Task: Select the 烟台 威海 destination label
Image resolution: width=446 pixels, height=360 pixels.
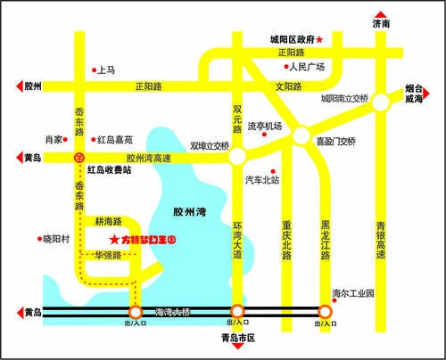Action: (x=413, y=94)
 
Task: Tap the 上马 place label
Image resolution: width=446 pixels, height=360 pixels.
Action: (x=106, y=68)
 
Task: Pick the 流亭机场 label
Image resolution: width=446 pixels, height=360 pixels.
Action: (x=265, y=127)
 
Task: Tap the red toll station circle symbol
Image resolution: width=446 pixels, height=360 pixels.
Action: (x=78, y=158)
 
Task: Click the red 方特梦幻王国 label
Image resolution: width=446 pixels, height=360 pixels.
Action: (x=148, y=239)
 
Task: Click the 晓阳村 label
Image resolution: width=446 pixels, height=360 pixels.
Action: (x=55, y=239)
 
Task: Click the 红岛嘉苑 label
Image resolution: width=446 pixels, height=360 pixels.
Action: (x=115, y=140)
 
